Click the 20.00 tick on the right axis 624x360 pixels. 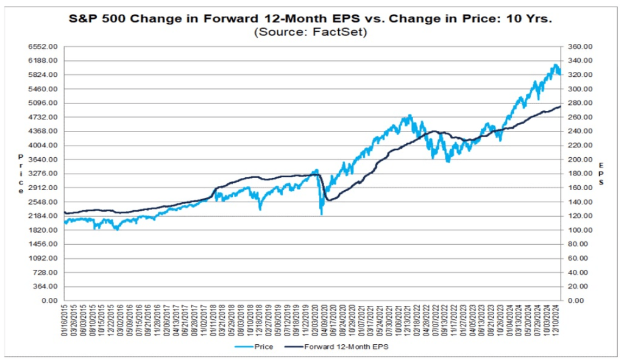(x=578, y=287)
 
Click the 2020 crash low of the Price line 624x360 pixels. (x=321, y=214)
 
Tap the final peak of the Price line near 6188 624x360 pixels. (x=555, y=65)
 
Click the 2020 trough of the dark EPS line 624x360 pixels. (x=328, y=200)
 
